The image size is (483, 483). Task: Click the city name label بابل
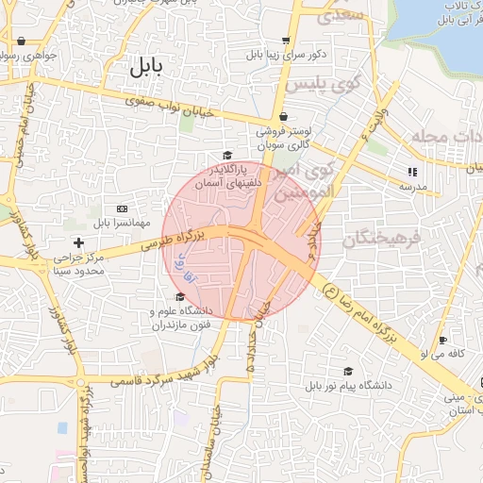[145, 68]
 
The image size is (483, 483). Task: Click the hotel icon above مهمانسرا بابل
[122, 208]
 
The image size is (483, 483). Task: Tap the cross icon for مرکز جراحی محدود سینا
[78, 243]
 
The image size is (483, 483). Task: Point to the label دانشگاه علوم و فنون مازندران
[181, 318]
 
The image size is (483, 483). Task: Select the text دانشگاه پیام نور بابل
[348, 387]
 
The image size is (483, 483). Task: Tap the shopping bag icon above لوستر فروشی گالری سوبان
[284, 117]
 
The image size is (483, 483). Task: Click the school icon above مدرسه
[412, 172]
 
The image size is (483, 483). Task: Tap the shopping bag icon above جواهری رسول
[21, 41]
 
